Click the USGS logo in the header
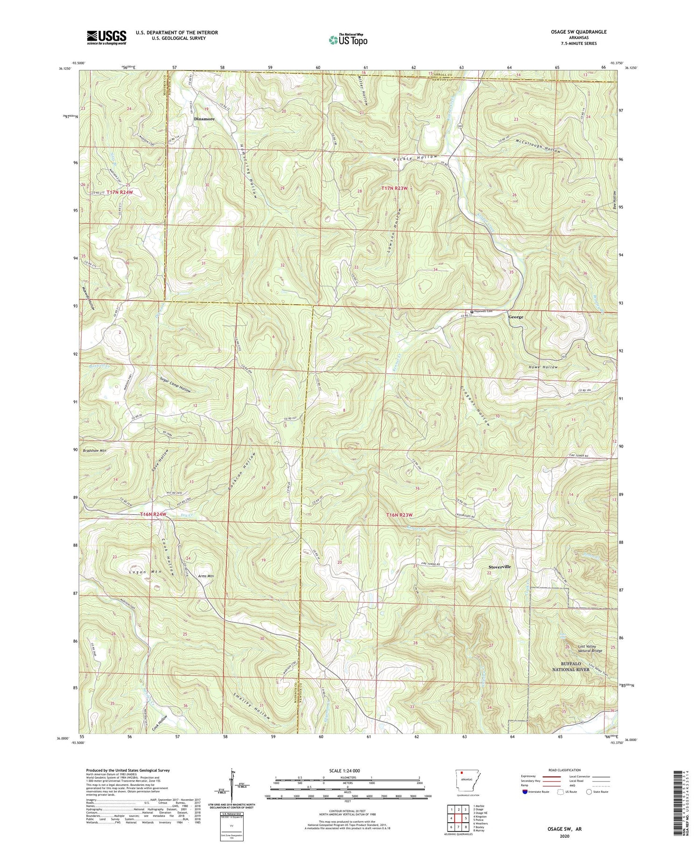(106, 37)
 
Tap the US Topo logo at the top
(348, 40)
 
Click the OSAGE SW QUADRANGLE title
(576, 32)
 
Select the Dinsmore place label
(204, 119)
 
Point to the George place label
(516, 317)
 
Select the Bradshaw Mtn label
(95, 451)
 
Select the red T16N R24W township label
(153, 514)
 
